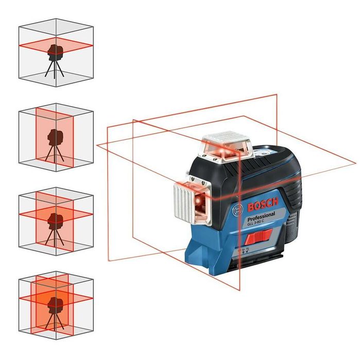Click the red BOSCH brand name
click(x=263, y=204)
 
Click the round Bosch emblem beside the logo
click(x=237, y=211)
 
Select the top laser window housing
click(x=227, y=146)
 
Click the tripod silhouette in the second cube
click(x=54, y=144)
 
